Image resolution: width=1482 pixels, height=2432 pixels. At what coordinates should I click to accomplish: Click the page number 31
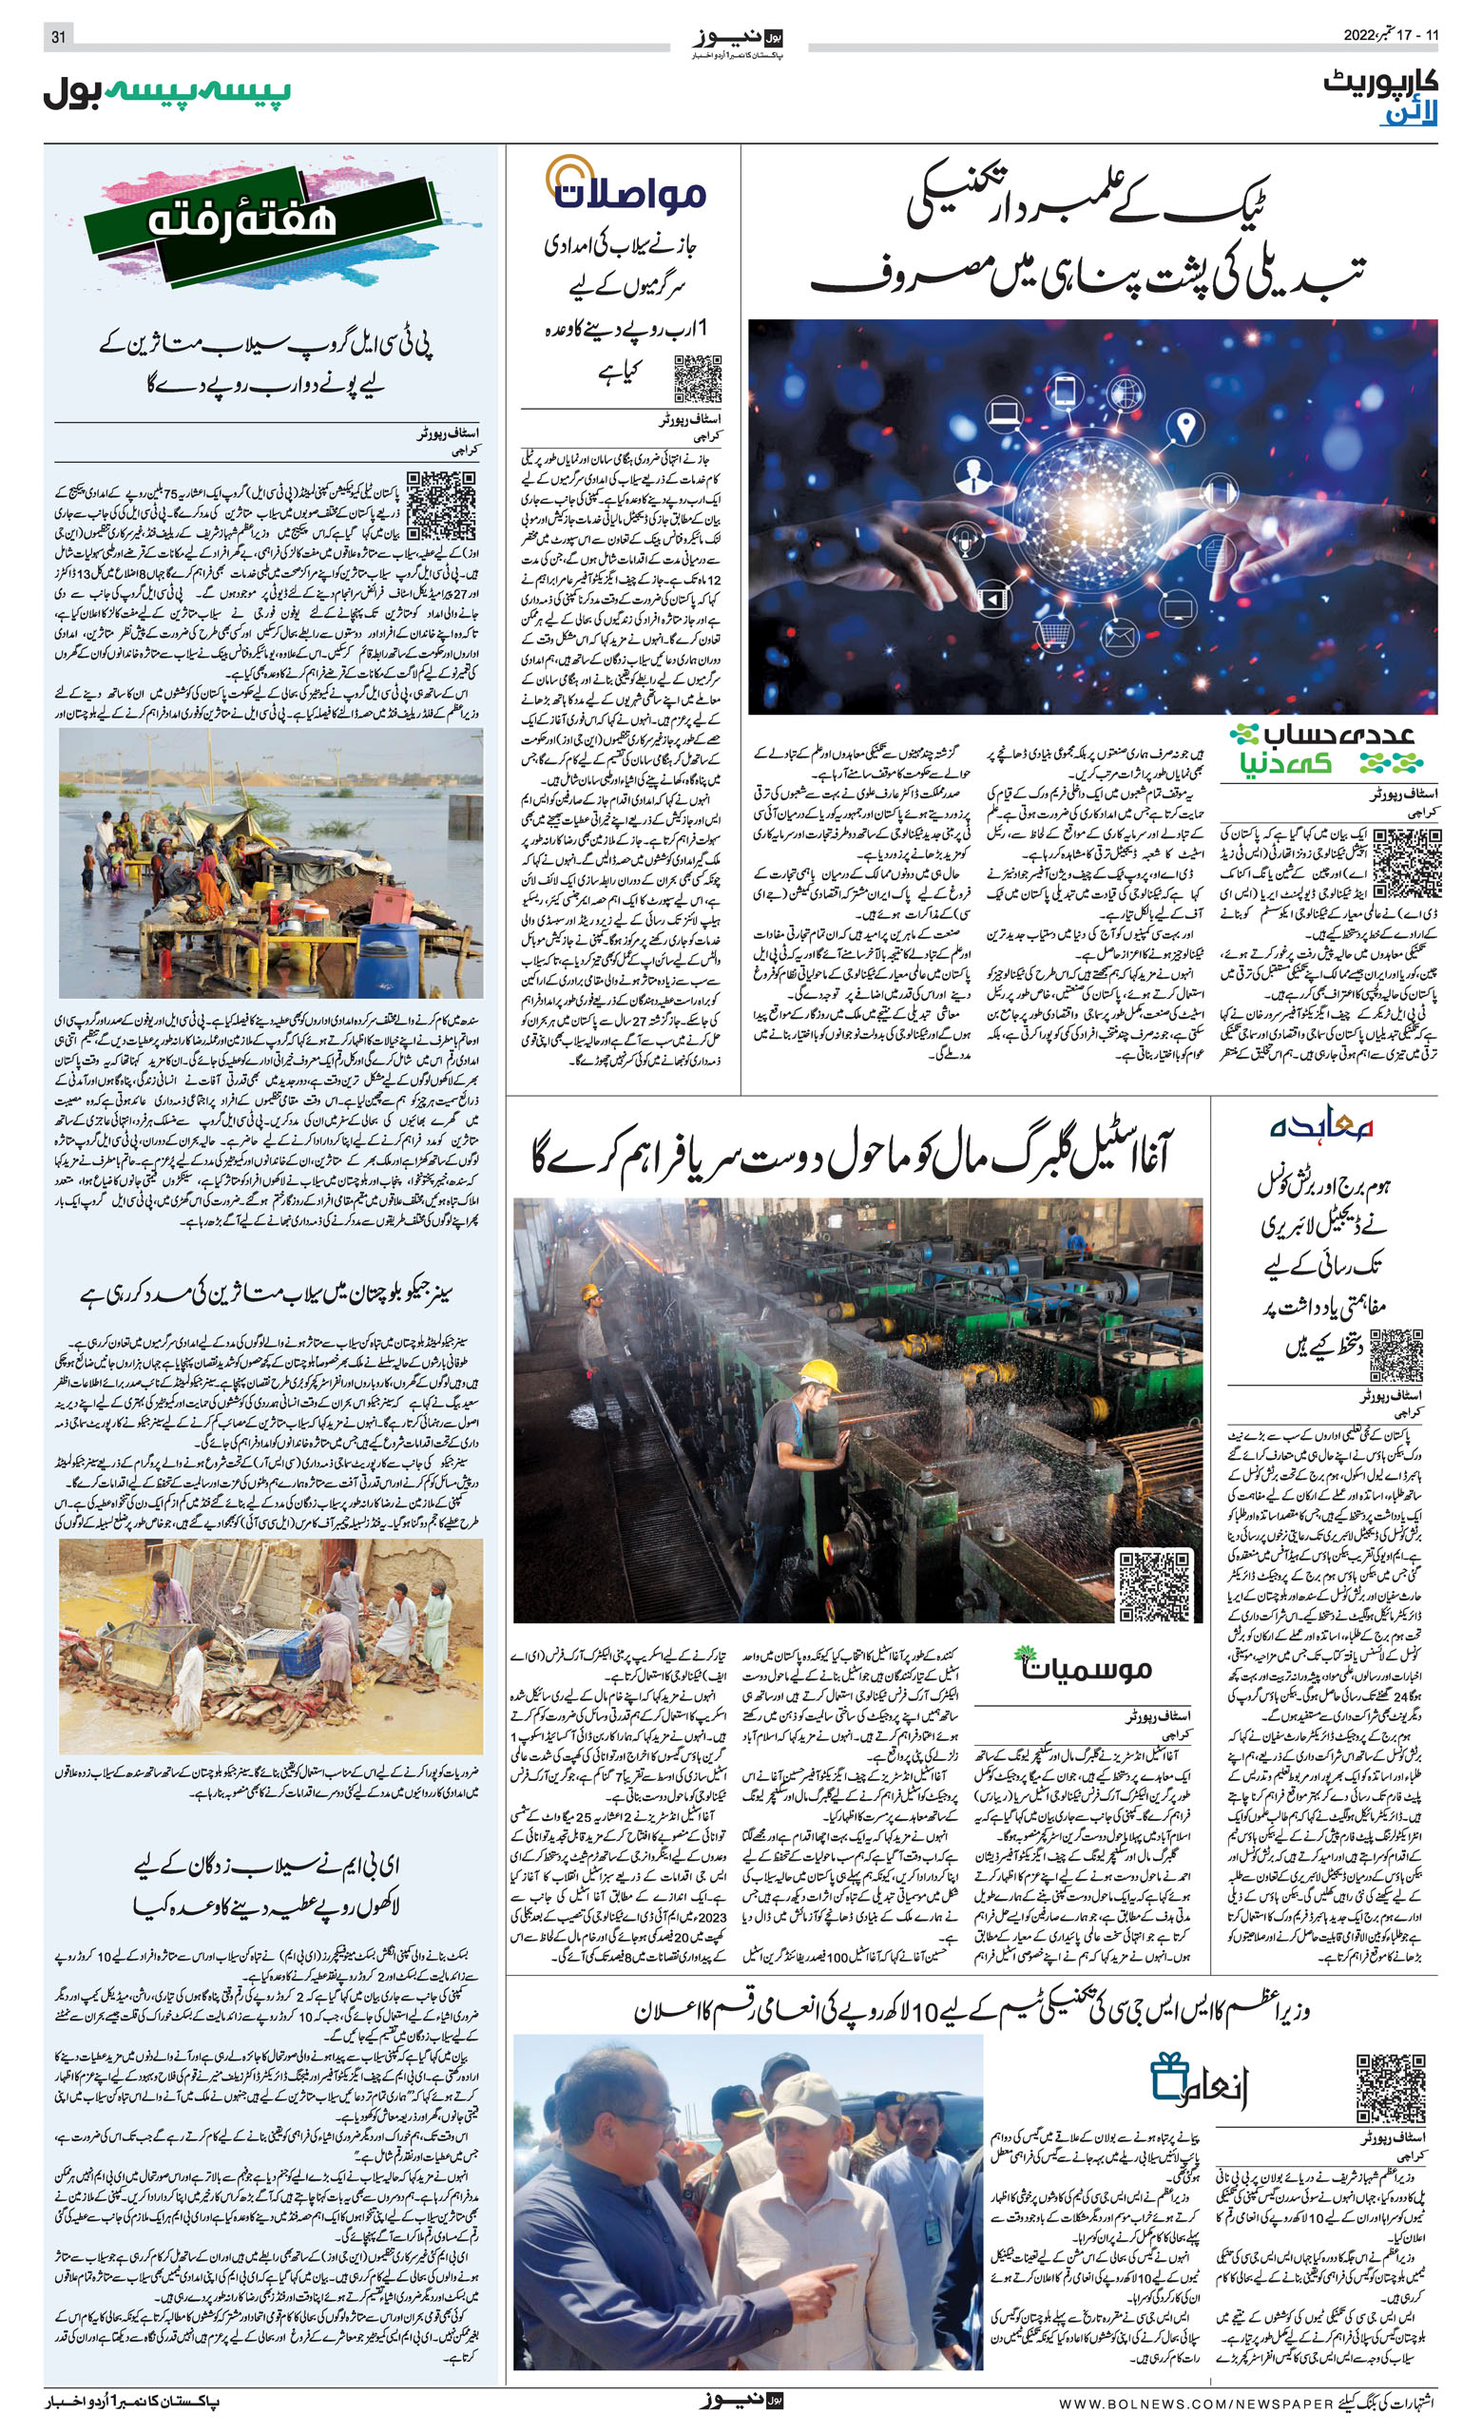coord(58,36)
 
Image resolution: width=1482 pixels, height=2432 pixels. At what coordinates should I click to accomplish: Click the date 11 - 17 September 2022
coord(1391,35)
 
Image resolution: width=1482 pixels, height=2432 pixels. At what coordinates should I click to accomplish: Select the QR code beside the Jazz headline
coord(697,379)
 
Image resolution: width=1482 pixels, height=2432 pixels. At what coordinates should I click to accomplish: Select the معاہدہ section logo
coord(1322,1127)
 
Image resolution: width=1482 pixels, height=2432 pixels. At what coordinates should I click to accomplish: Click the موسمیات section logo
coord(1083,1666)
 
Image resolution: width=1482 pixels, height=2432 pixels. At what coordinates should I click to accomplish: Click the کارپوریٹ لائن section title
coord(1380,98)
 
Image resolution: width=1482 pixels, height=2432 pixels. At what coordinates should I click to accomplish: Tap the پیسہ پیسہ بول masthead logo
coord(167,92)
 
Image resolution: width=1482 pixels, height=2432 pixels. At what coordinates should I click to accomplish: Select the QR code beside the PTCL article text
coord(440,505)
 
